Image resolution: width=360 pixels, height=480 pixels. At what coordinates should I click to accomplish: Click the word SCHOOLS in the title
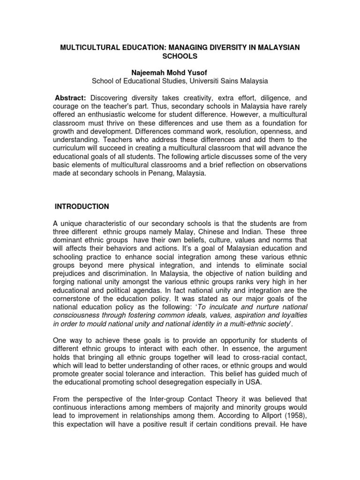click(x=180, y=56)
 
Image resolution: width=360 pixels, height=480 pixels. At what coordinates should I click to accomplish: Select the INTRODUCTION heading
click(x=82, y=206)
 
